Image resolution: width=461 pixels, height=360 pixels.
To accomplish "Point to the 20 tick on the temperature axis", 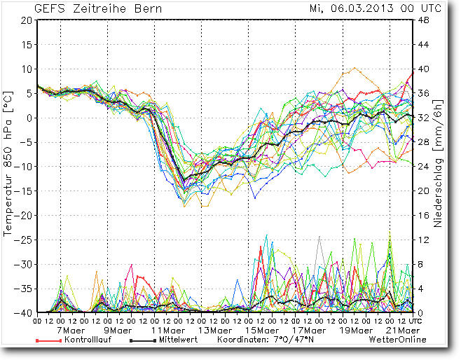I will (26, 20).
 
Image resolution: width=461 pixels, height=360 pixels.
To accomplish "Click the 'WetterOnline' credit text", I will (397, 340).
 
